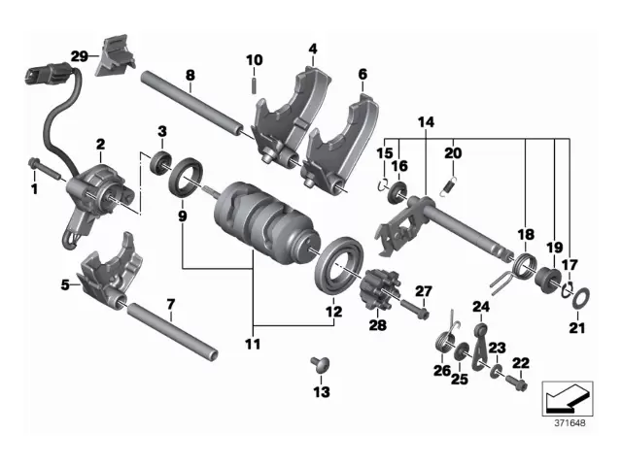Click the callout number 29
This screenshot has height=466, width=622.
[x=79, y=55]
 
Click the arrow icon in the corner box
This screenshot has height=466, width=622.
[x=565, y=397]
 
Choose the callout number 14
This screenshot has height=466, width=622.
[x=427, y=122]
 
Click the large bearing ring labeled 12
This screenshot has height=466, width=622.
[x=338, y=263]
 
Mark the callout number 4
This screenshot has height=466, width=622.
[x=313, y=49]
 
